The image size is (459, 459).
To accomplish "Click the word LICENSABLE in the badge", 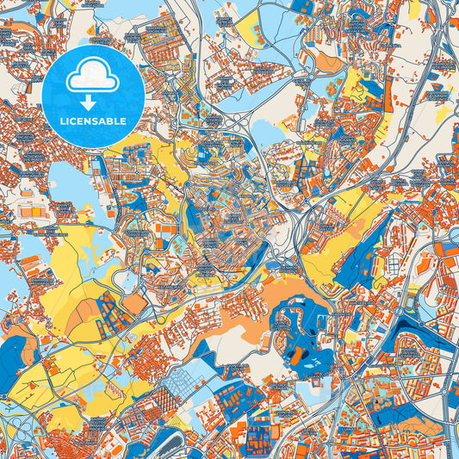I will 92,121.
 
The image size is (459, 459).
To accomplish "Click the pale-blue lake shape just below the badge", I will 65,182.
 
